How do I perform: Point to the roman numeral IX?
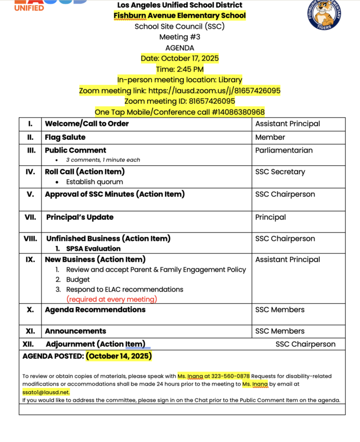tap(31, 259)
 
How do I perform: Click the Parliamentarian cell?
tap(284, 150)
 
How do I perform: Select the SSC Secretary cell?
tap(280, 172)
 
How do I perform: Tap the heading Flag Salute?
tap(65, 137)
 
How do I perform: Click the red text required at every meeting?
tap(112, 299)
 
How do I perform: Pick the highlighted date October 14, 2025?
tap(119, 356)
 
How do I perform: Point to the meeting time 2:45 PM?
tap(179, 69)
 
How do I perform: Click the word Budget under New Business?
tap(78, 280)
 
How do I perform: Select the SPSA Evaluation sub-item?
tap(93, 249)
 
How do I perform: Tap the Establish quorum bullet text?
tap(94, 182)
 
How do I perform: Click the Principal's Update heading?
tap(80, 217)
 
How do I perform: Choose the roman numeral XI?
tap(30, 331)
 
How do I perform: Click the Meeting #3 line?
tap(179, 37)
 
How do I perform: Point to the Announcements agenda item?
tap(75, 331)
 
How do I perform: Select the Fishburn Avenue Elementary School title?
tap(179, 15)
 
